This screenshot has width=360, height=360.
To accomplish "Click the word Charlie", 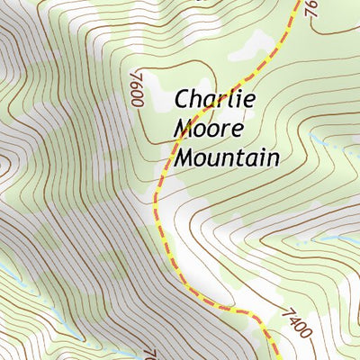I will [215, 99].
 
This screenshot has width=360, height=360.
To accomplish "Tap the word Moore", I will [209, 129].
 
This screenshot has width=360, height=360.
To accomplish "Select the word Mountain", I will [226, 158].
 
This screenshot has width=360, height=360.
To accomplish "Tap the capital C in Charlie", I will [182, 99].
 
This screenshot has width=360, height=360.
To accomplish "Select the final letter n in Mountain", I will [272, 159].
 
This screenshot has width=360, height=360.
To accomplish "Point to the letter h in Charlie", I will [198, 98].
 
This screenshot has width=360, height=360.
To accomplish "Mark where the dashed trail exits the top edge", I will [294, 2].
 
